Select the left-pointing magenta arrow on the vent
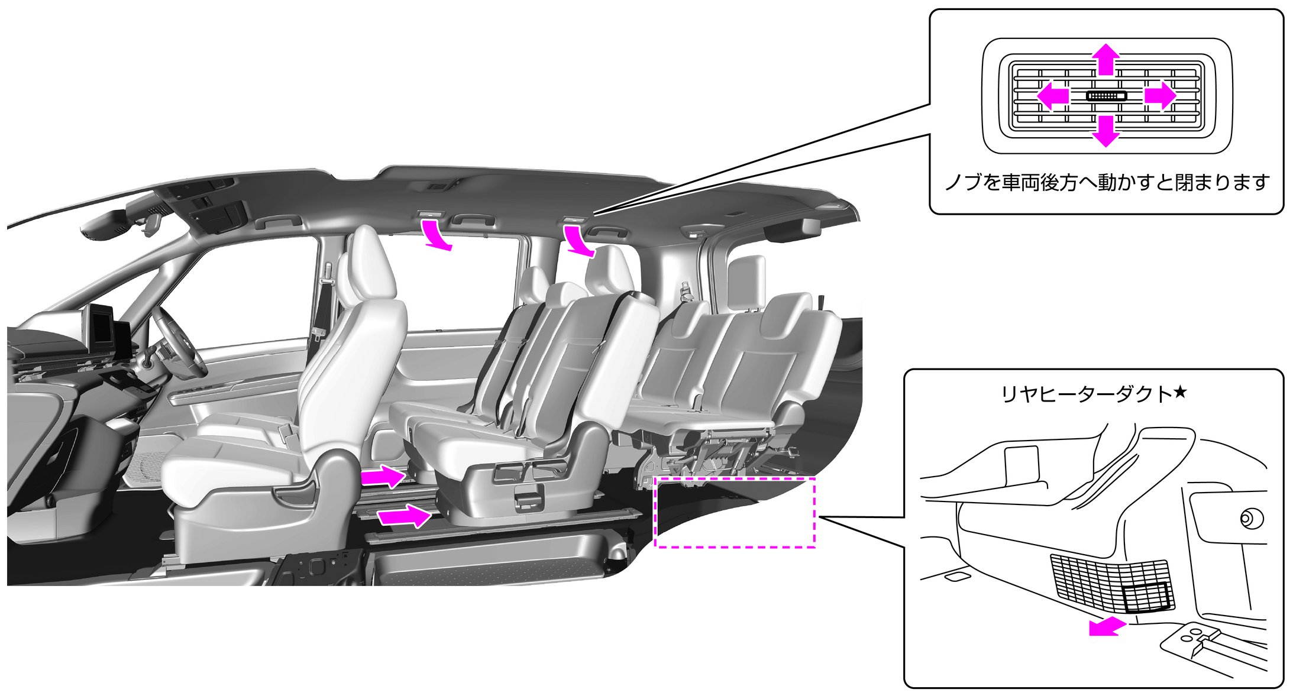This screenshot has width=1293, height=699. pyautogui.click(x=1053, y=95)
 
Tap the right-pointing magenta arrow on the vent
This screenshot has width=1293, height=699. pyautogui.click(x=1160, y=95)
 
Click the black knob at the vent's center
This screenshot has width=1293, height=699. pyautogui.click(x=1106, y=96)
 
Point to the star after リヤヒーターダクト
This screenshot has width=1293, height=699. pyautogui.click(x=1179, y=392)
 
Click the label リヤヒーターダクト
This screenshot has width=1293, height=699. pyautogui.click(x=1086, y=394)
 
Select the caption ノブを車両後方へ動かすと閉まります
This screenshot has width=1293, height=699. pyautogui.click(x=1107, y=182)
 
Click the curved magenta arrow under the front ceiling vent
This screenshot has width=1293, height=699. pyautogui.click(x=436, y=234)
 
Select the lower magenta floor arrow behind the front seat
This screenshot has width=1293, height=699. pyautogui.click(x=405, y=516)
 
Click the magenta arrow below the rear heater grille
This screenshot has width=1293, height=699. pyautogui.click(x=1107, y=626)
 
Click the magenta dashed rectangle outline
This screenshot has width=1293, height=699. pyautogui.click(x=735, y=546)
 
